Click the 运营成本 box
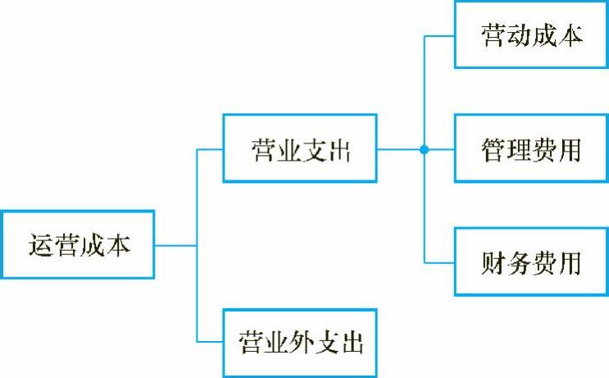(x=78, y=245)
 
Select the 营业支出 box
(x=300, y=149)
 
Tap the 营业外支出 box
(x=300, y=342)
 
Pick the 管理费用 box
(x=532, y=149)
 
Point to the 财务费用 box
(x=532, y=262)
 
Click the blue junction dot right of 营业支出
(x=425, y=150)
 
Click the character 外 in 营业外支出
(x=300, y=343)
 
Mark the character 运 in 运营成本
(x=40, y=246)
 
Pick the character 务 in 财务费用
(x=519, y=263)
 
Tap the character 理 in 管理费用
(x=519, y=150)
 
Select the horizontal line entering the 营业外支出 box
(x=210, y=342)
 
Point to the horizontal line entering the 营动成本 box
(x=439, y=37)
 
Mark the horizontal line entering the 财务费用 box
(x=439, y=262)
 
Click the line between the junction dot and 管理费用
(x=441, y=150)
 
